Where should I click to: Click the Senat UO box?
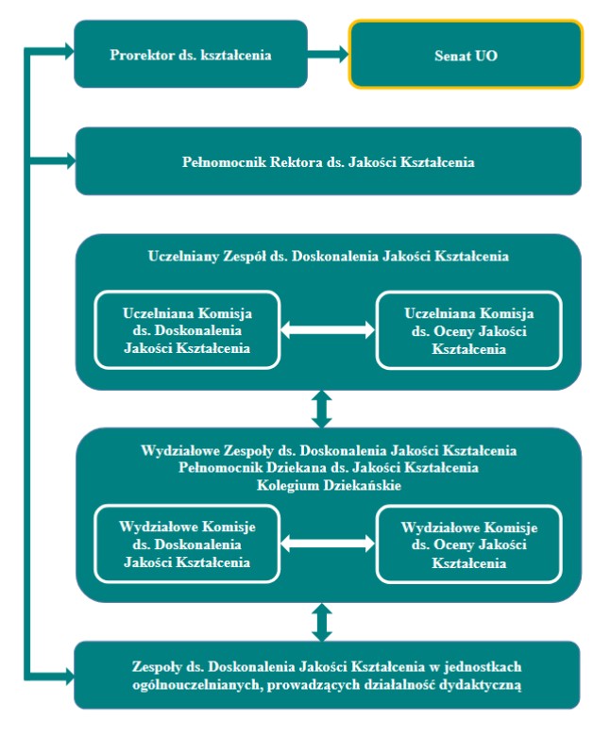(466, 54)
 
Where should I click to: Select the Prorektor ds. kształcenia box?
(191, 54)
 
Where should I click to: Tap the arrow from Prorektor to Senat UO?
(328, 54)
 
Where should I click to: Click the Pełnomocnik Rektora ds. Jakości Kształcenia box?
(329, 161)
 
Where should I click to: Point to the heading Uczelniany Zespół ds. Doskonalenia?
(329, 256)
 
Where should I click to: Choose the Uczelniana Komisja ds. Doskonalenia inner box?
(187, 330)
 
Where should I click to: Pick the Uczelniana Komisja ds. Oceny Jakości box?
(469, 330)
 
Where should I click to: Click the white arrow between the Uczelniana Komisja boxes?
(328, 330)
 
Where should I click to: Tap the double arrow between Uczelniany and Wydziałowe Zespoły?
(322, 409)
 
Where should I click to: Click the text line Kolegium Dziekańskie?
(329, 485)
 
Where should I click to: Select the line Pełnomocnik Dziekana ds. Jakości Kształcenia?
(329, 468)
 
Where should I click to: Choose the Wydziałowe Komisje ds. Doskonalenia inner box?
(187, 544)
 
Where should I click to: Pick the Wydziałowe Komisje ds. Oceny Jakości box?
(469, 544)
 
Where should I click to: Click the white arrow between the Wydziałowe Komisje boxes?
(328, 544)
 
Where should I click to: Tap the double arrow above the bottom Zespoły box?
(322, 622)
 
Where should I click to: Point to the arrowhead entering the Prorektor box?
(68, 51)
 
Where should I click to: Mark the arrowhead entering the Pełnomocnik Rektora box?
(69, 161)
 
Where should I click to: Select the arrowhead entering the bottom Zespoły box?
(68, 678)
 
